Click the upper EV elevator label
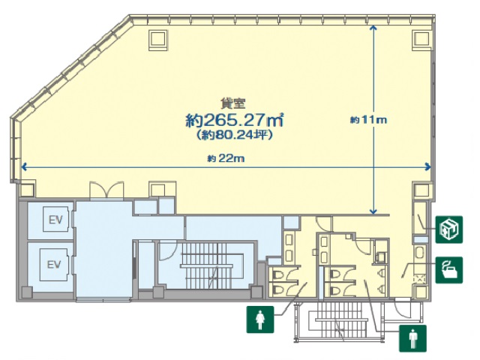tap(54, 220)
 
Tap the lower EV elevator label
tap(54, 264)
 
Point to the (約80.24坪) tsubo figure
tap(234, 136)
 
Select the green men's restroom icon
tap(412, 338)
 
